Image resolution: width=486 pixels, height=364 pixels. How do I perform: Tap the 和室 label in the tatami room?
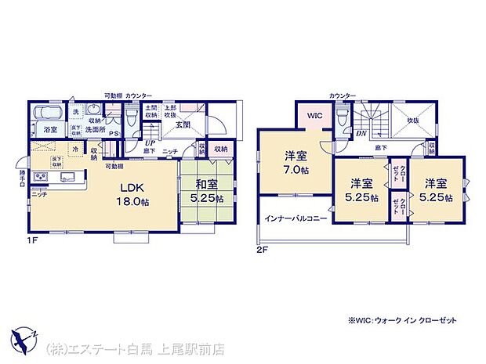point(206,192)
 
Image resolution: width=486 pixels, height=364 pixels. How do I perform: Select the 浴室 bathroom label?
point(50,128)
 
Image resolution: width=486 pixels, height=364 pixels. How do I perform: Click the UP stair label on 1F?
point(148,142)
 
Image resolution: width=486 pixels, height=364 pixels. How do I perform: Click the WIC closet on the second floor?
point(314,116)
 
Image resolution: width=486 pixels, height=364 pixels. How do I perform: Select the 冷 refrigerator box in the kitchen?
point(75,149)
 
